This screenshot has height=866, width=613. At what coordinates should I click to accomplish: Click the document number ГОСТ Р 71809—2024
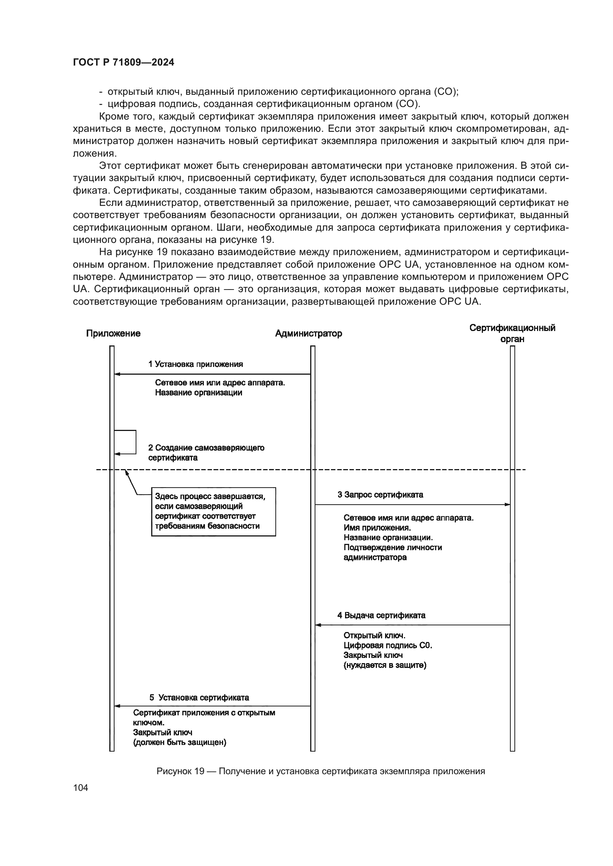(123, 63)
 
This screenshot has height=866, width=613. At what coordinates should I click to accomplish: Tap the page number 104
(80, 788)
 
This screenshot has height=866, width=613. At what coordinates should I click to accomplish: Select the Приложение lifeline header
(113, 334)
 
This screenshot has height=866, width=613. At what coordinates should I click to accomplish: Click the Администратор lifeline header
(308, 334)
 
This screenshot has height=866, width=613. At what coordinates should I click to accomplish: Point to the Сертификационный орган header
(512, 334)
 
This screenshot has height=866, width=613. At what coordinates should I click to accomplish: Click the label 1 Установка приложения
(196, 364)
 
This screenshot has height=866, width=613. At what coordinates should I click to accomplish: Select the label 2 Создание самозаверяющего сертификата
(206, 452)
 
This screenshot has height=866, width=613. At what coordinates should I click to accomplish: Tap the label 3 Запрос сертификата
(380, 495)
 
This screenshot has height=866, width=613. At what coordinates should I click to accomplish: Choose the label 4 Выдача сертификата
(381, 615)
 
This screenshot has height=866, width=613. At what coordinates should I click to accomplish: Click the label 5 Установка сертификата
(199, 698)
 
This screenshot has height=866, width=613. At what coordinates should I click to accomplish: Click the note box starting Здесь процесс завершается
(213, 511)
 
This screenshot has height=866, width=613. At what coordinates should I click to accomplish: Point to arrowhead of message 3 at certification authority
(507, 504)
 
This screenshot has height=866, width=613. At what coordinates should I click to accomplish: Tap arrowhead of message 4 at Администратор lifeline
(318, 625)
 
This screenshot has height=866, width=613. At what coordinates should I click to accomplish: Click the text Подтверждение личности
(392, 547)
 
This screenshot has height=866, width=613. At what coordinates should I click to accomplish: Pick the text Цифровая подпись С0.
(388, 645)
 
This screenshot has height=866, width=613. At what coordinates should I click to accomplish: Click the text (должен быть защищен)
(180, 742)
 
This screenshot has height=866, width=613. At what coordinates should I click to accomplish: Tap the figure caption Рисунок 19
(321, 771)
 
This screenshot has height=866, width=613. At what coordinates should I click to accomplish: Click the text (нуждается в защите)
(385, 665)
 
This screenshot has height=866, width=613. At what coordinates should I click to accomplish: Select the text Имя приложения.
(377, 528)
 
